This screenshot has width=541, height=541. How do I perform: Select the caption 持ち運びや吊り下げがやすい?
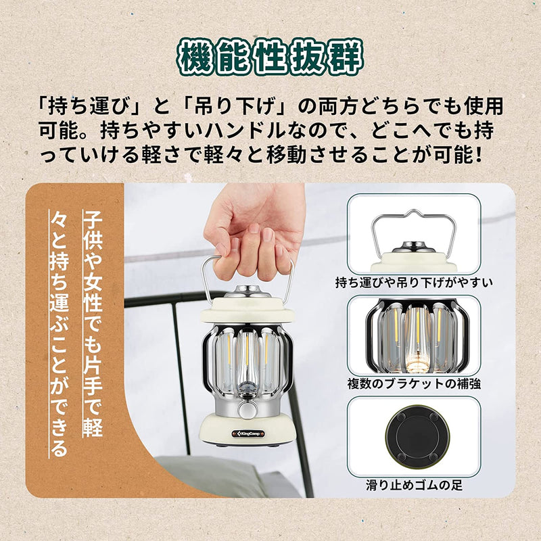(413, 282)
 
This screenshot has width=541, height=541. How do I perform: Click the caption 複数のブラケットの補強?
(413, 384)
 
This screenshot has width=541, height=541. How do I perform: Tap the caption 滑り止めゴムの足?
(413, 485)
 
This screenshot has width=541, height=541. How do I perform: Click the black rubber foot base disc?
(413, 436)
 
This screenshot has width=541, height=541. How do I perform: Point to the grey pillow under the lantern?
(203, 473)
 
